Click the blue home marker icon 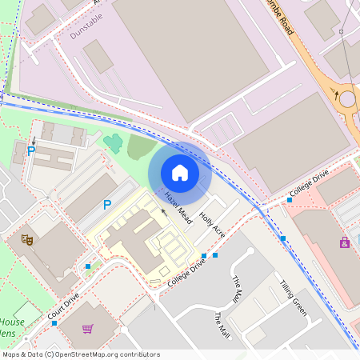pyautogui.click(x=180, y=172)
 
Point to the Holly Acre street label pyautogui.click(x=213, y=225)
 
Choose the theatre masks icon pyautogui.click(x=26, y=238)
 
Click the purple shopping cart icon pyautogui.click(x=88, y=329)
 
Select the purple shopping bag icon pyautogui.click(x=345, y=242)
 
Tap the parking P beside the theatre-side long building pyautogui.click(x=106, y=205)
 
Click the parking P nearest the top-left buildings pyautogui.click(x=31, y=150)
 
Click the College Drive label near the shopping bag pyautogui.click(x=310, y=189)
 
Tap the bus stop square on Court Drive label pyautogui.click(x=54, y=322)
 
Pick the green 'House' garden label pyautogui.click(x=11, y=322)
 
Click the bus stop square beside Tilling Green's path pyautogui.click(x=283, y=238)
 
